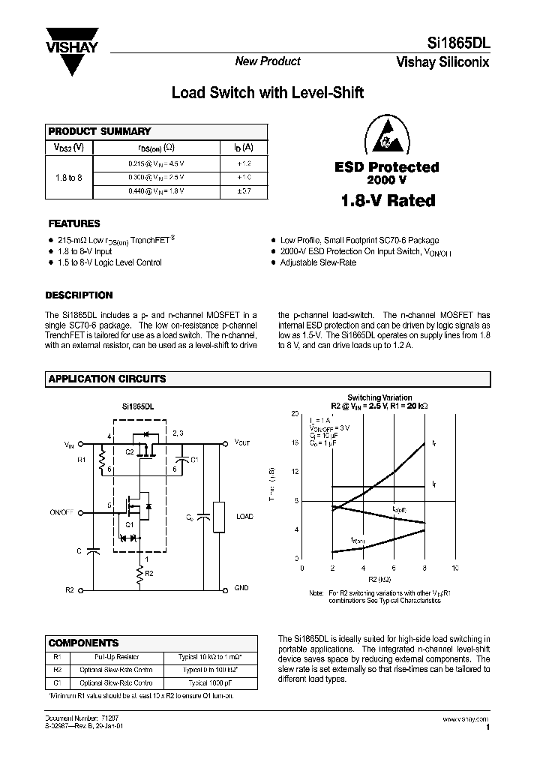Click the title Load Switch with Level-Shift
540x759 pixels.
coord(268,93)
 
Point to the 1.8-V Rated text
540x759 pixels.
coord(388,200)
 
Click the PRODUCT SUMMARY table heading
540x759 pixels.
coord(100,130)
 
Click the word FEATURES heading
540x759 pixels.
coord(74,223)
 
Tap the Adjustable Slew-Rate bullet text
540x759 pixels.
coord(318,262)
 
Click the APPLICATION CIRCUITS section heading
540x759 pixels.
coord(107,379)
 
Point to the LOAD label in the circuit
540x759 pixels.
coord(245,517)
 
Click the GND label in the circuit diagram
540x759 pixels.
coord(241,588)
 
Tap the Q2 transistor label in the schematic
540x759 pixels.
coord(130,452)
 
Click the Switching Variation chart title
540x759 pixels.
coord(379,397)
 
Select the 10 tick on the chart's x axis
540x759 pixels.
coord(454,568)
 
